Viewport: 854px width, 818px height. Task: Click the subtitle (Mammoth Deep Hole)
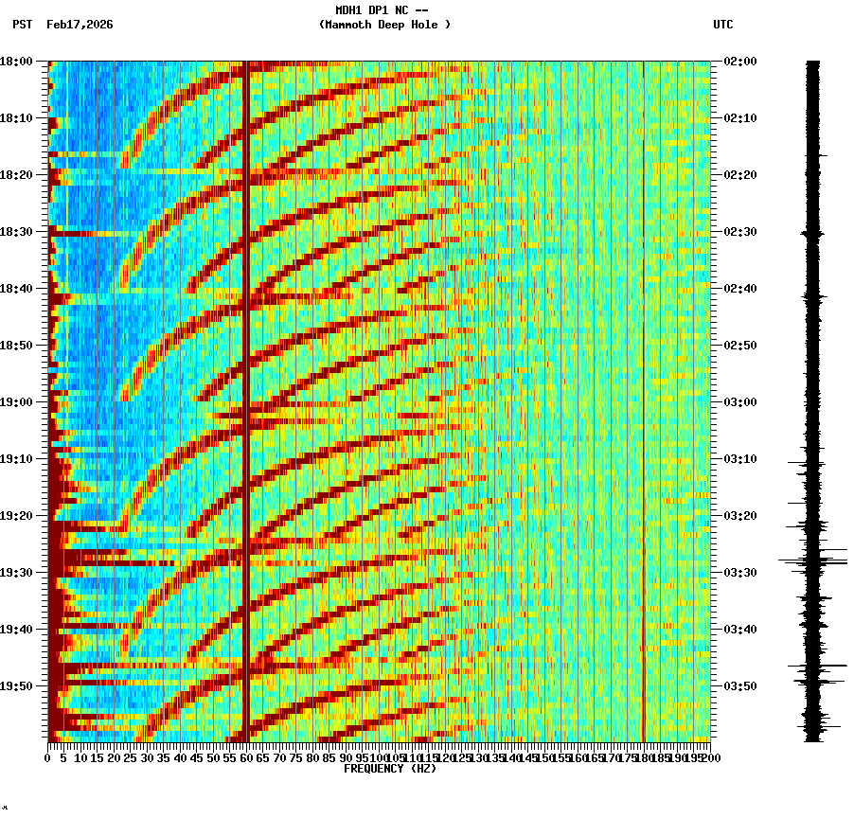click(384, 25)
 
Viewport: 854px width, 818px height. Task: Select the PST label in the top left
click(23, 25)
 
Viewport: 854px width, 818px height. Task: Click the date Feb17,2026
click(80, 25)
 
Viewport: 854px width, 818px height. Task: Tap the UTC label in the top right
click(722, 25)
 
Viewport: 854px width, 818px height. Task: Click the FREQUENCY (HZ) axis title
click(389, 769)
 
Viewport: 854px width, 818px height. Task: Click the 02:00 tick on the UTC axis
click(739, 62)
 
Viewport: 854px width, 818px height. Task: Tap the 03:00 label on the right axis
click(739, 402)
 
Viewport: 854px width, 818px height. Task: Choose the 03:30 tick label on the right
click(739, 573)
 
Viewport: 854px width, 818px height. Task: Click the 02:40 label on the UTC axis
click(739, 289)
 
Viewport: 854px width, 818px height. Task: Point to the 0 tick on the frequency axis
click(48, 758)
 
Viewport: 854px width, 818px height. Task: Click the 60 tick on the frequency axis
click(247, 758)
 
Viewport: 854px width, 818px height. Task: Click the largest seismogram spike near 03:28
click(814, 561)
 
